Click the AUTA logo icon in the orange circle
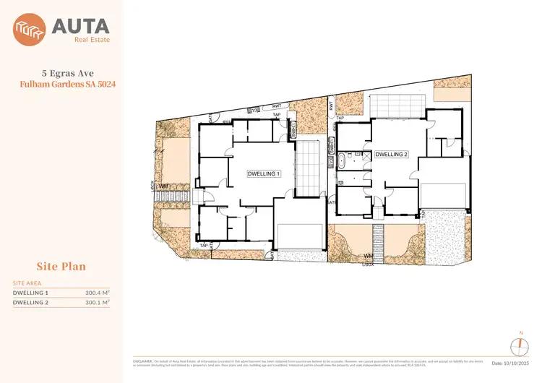(x=30, y=30)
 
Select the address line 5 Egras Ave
(x=64, y=73)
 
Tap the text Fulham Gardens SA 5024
(x=64, y=85)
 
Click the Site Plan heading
(x=61, y=267)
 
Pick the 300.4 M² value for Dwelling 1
(x=97, y=293)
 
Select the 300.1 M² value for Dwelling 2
(x=97, y=303)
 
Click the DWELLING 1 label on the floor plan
(x=264, y=174)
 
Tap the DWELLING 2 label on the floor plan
(x=392, y=155)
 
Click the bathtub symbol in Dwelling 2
(x=339, y=160)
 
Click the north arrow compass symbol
(x=520, y=342)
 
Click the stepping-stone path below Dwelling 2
(x=375, y=236)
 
